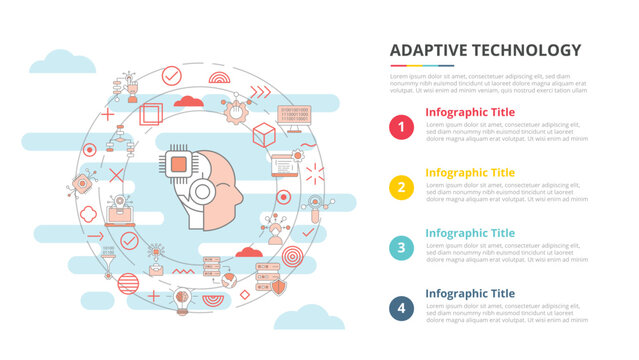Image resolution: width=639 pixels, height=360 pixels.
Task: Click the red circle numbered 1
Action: click(x=401, y=127)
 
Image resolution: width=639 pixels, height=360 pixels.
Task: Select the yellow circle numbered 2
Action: click(x=401, y=187)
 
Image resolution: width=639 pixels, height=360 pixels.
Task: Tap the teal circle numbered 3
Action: click(x=401, y=248)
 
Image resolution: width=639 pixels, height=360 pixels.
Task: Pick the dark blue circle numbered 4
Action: click(x=401, y=308)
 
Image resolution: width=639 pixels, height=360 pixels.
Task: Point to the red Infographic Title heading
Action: click(x=469, y=112)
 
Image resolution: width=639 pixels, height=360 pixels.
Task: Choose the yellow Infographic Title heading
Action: click(x=469, y=172)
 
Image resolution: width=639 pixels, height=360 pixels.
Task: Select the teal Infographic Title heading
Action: click(x=469, y=233)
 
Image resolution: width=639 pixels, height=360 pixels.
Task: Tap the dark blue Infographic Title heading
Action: click(x=469, y=293)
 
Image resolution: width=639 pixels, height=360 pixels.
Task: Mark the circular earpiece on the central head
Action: click(x=205, y=191)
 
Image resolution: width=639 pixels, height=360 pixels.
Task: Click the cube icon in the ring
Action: click(x=264, y=133)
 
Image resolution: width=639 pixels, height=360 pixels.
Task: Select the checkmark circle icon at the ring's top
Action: click(x=171, y=75)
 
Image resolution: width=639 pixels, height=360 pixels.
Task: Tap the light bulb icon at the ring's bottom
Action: click(x=182, y=298)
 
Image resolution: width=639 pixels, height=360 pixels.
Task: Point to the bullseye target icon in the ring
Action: click(x=292, y=256)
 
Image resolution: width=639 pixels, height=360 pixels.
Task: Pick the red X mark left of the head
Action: click(x=116, y=175)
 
